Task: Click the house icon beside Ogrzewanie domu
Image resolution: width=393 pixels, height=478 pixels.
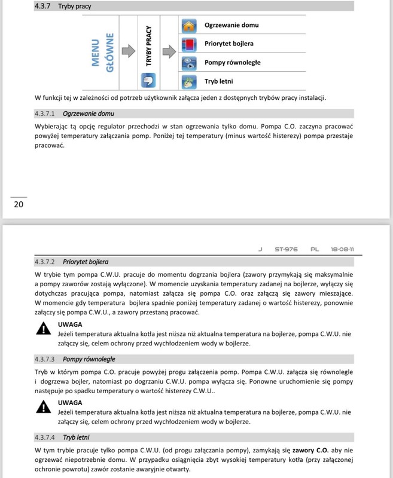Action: [x=189, y=26]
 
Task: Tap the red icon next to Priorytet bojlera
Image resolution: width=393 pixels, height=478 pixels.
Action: [x=189, y=44]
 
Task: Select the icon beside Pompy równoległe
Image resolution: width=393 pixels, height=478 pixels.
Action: [x=189, y=62]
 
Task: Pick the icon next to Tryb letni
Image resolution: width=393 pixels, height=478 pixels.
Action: [x=189, y=81]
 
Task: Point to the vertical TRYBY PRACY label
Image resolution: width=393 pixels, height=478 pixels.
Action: [x=148, y=45]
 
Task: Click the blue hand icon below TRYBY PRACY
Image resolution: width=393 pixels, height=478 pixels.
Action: [x=148, y=81]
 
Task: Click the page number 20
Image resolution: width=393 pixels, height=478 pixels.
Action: [x=19, y=204]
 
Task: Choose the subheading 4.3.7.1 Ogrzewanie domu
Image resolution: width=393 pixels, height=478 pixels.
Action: [x=75, y=114]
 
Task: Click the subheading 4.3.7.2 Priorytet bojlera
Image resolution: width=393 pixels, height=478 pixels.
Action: [x=72, y=262]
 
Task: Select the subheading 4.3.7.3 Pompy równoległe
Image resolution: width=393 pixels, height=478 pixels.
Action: [x=75, y=359]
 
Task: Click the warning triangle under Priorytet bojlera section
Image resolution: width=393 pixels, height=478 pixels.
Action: [x=43, y=328]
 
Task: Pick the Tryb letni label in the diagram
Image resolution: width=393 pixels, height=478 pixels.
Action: [x=218, y=81]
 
